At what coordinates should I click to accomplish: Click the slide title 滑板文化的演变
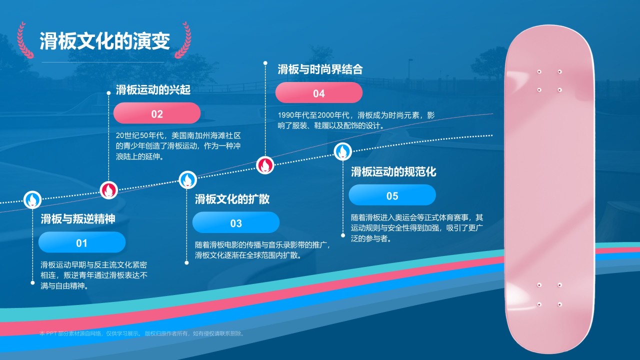coord(104,41)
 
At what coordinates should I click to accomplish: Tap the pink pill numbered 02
coord(157,113)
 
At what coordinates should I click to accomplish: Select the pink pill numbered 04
coord(319,92)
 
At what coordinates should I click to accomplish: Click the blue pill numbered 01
coord(82,242)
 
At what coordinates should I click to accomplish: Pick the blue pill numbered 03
coord(236,222)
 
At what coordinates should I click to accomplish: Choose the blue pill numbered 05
coord(392,195)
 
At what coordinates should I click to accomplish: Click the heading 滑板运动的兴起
coord(153,89)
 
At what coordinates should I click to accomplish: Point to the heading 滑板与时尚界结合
coord(320,69)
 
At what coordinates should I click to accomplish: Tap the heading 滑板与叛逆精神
coord(78,219)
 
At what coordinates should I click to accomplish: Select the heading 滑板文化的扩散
coord(232,199)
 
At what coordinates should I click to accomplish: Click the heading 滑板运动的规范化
coord(393,171)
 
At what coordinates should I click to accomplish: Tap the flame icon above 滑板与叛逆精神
coord(32,199)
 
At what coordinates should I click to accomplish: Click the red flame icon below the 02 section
coord(109,190)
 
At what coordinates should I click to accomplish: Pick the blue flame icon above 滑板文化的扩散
coord(187,180)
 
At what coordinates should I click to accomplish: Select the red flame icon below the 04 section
coord(265,165)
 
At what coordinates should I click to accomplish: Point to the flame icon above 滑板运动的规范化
coord(343,151)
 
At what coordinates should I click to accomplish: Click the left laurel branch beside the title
coord(24,40)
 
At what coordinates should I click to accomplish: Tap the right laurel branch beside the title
coord(183,40)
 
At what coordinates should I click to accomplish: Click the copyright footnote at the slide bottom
coord(142,333)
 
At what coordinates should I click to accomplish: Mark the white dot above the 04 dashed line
coord(265,63)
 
